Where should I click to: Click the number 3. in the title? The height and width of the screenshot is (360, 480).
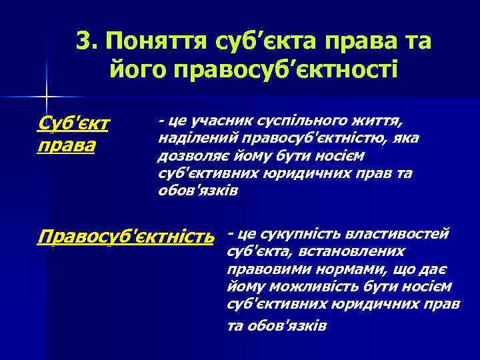(x=87, y=41)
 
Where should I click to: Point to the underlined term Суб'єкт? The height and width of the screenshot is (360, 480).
(x=74, y=123)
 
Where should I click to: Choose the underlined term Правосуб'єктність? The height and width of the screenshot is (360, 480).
(x=127, y=237)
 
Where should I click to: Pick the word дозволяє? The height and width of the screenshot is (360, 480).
(x=188, y=156)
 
